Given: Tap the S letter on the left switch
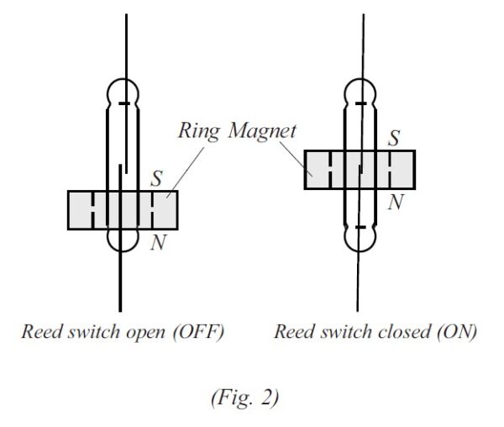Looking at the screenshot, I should click(155, 178).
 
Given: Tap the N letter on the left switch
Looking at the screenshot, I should click(155, 244).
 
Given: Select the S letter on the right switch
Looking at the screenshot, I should click(392, 138).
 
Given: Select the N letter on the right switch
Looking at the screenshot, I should click(394, 203).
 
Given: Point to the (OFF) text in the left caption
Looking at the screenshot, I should click(198, 332).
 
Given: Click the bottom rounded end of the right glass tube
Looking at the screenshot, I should click(360, 240).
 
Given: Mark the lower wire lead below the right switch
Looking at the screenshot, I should click(359, 282).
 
